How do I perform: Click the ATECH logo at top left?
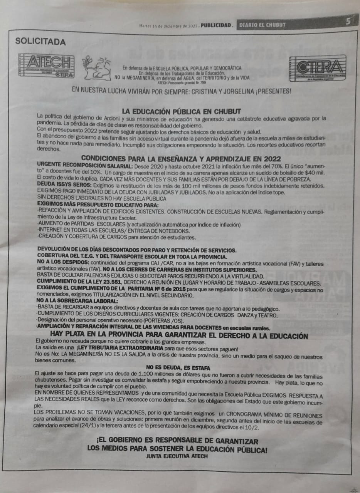pyautogui.click(x=46, y=66)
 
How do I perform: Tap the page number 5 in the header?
pyautogui.click(x=348, y=22)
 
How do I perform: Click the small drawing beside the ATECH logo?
pyautogui.click(x=96, y=68)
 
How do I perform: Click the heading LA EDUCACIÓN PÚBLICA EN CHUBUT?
pyautogui.click(x=182, y=111)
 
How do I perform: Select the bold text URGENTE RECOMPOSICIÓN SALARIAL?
pyautogui.click(x=85, y=166)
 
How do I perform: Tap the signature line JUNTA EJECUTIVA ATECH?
pyautogui.click(x=177, y=456)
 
